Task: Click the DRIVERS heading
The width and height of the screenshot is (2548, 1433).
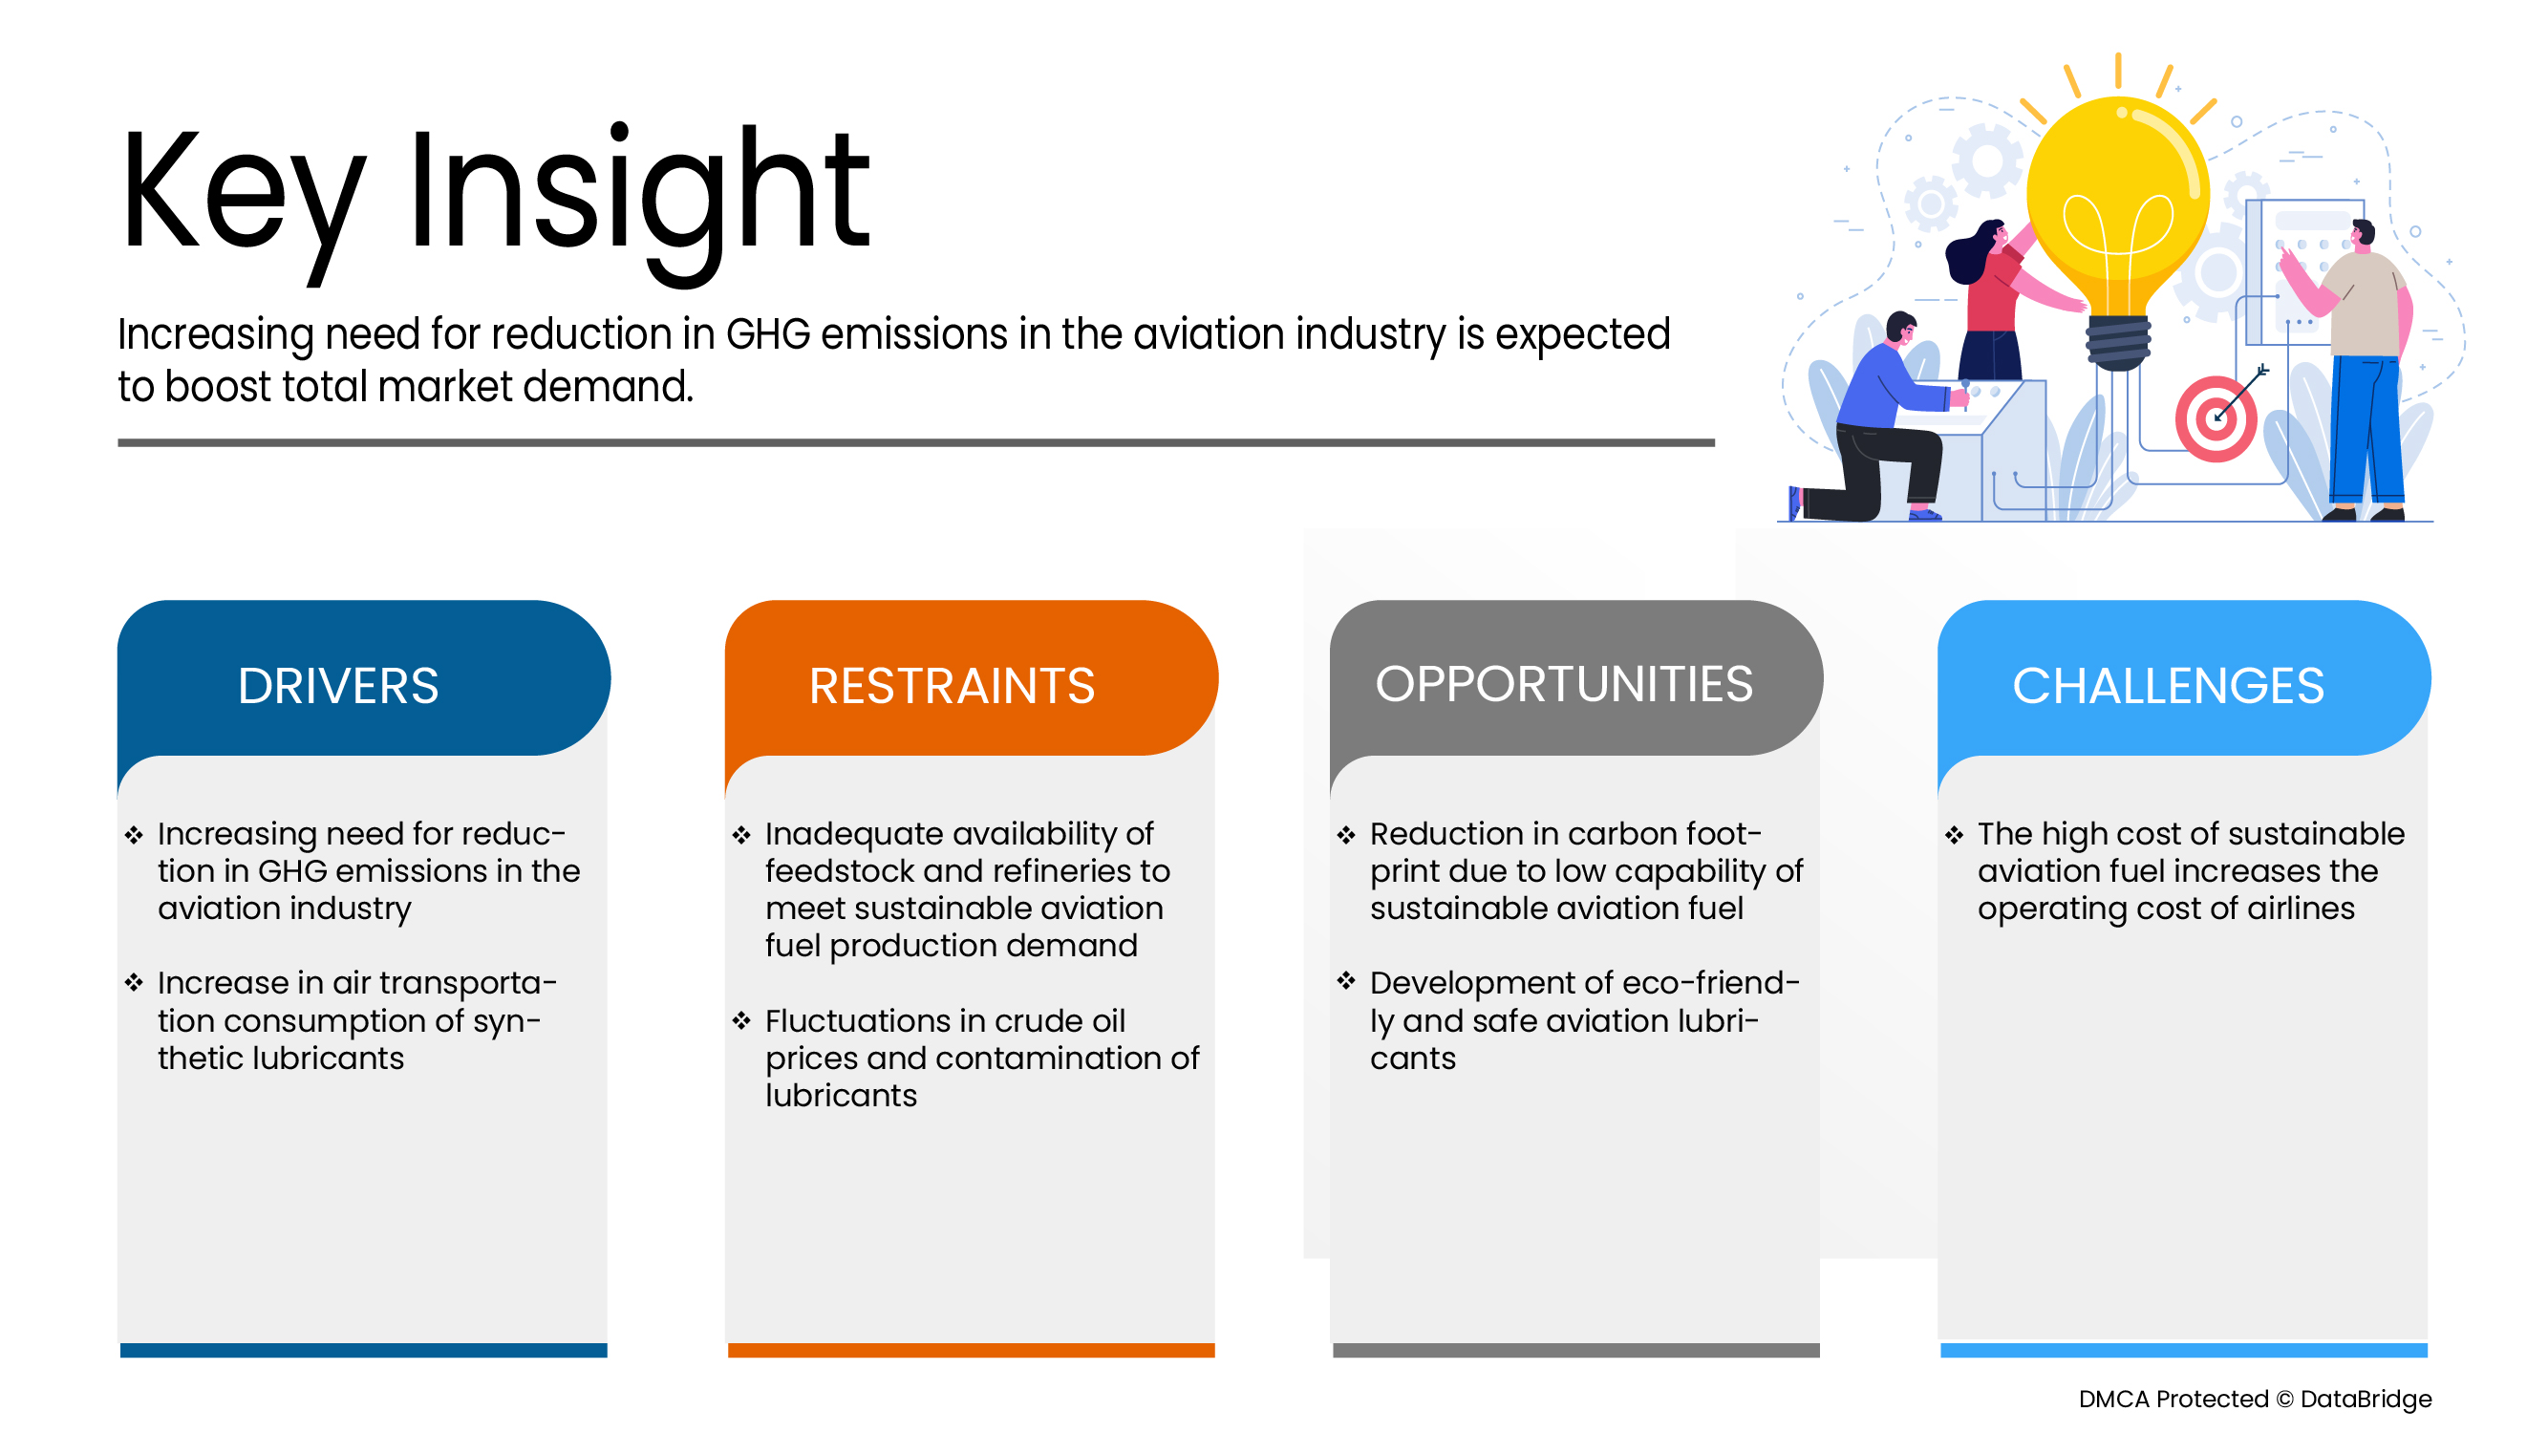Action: (337, 685)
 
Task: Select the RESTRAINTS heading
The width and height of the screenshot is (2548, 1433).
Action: (952, 685)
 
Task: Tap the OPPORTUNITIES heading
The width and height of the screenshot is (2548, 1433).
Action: (1564, 683)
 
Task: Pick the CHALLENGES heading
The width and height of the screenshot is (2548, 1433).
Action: (2168, 685)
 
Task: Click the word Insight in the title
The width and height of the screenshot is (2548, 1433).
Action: (639, 193)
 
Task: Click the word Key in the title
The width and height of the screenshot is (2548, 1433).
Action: (243, 193)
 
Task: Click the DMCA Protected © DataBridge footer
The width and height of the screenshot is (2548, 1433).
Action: (2255, 1399)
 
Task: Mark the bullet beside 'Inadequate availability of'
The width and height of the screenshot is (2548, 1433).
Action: (741, 835)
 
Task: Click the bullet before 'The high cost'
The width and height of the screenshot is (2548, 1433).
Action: (1954, 835)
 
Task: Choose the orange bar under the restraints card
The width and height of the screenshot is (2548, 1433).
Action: (971, 1350)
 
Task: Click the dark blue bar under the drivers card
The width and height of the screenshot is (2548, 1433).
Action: (363, 1350)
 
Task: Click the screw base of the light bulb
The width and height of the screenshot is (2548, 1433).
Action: (2118, 342)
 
